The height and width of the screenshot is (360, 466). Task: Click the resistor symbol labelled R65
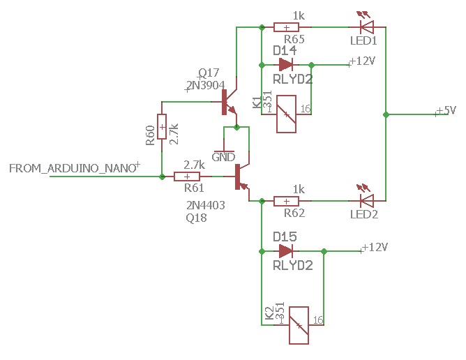(282, 27)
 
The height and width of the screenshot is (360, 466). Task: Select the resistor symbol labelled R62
(282, 201)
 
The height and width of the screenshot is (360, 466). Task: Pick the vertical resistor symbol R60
(162, 127)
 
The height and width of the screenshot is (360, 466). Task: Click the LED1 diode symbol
(366, 27)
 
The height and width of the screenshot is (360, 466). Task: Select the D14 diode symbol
(285, 65)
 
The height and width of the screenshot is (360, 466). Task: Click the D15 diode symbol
(285, 250)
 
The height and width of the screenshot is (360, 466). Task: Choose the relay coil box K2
(299, 325)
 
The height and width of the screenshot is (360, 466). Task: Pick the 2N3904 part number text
(205, 86)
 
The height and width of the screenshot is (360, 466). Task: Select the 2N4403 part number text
(205, 206)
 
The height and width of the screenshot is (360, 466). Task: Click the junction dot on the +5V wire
(385, 114)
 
